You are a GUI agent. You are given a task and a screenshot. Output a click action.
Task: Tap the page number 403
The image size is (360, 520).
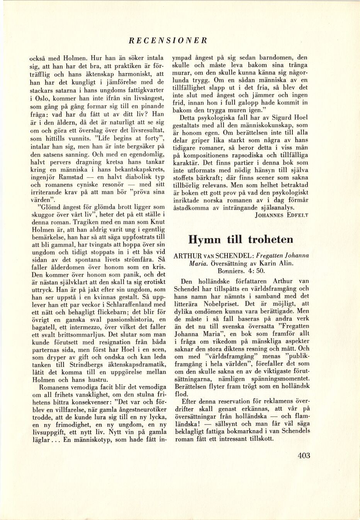[304, 455]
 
